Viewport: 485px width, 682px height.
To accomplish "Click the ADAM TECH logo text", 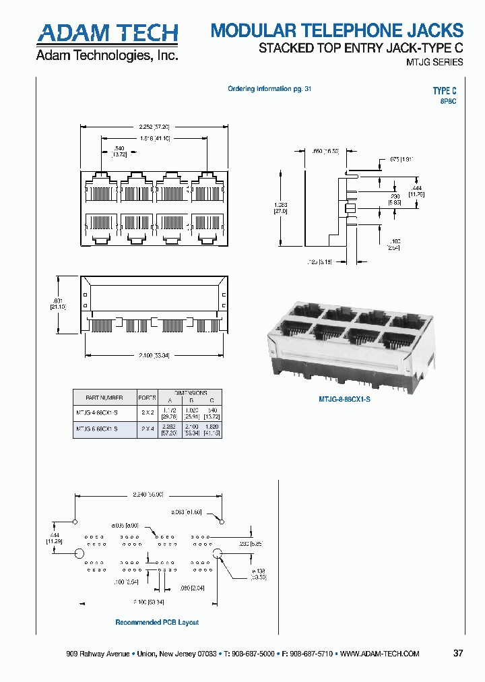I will pyautogui.click(x=106, y=33).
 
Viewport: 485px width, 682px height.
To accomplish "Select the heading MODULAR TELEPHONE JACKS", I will pyautogui.click(x=337, y=30).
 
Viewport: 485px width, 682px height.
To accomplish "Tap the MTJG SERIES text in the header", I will pyautogui.click(x=434, y=62).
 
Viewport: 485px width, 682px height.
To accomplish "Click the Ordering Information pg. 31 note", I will pyautogui.click(x=269, y=89).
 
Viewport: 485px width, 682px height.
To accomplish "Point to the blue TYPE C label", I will pyautogui.click(x=445, y=91).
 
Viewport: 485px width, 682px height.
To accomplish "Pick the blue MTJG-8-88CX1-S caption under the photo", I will pyautogui.click(x=345, y=399).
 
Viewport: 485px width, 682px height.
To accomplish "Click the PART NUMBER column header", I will pyautogui.click(x=104, y=398).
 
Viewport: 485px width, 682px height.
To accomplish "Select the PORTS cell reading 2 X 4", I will pyautogui.click(x=146, y=428).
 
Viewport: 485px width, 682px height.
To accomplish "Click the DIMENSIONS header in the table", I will pyautogui.click(x=191, y=392).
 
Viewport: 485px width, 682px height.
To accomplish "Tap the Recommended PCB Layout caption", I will pyautogui.click(x=157, y=622).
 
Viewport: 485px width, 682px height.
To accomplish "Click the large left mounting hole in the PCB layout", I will pyautogui.click(x=79, y=553).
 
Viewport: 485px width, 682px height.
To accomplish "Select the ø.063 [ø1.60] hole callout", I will pyautogui.click(x=187, y=513).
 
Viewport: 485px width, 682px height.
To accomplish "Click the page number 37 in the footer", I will pyautogui.click(x=458, y=653).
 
